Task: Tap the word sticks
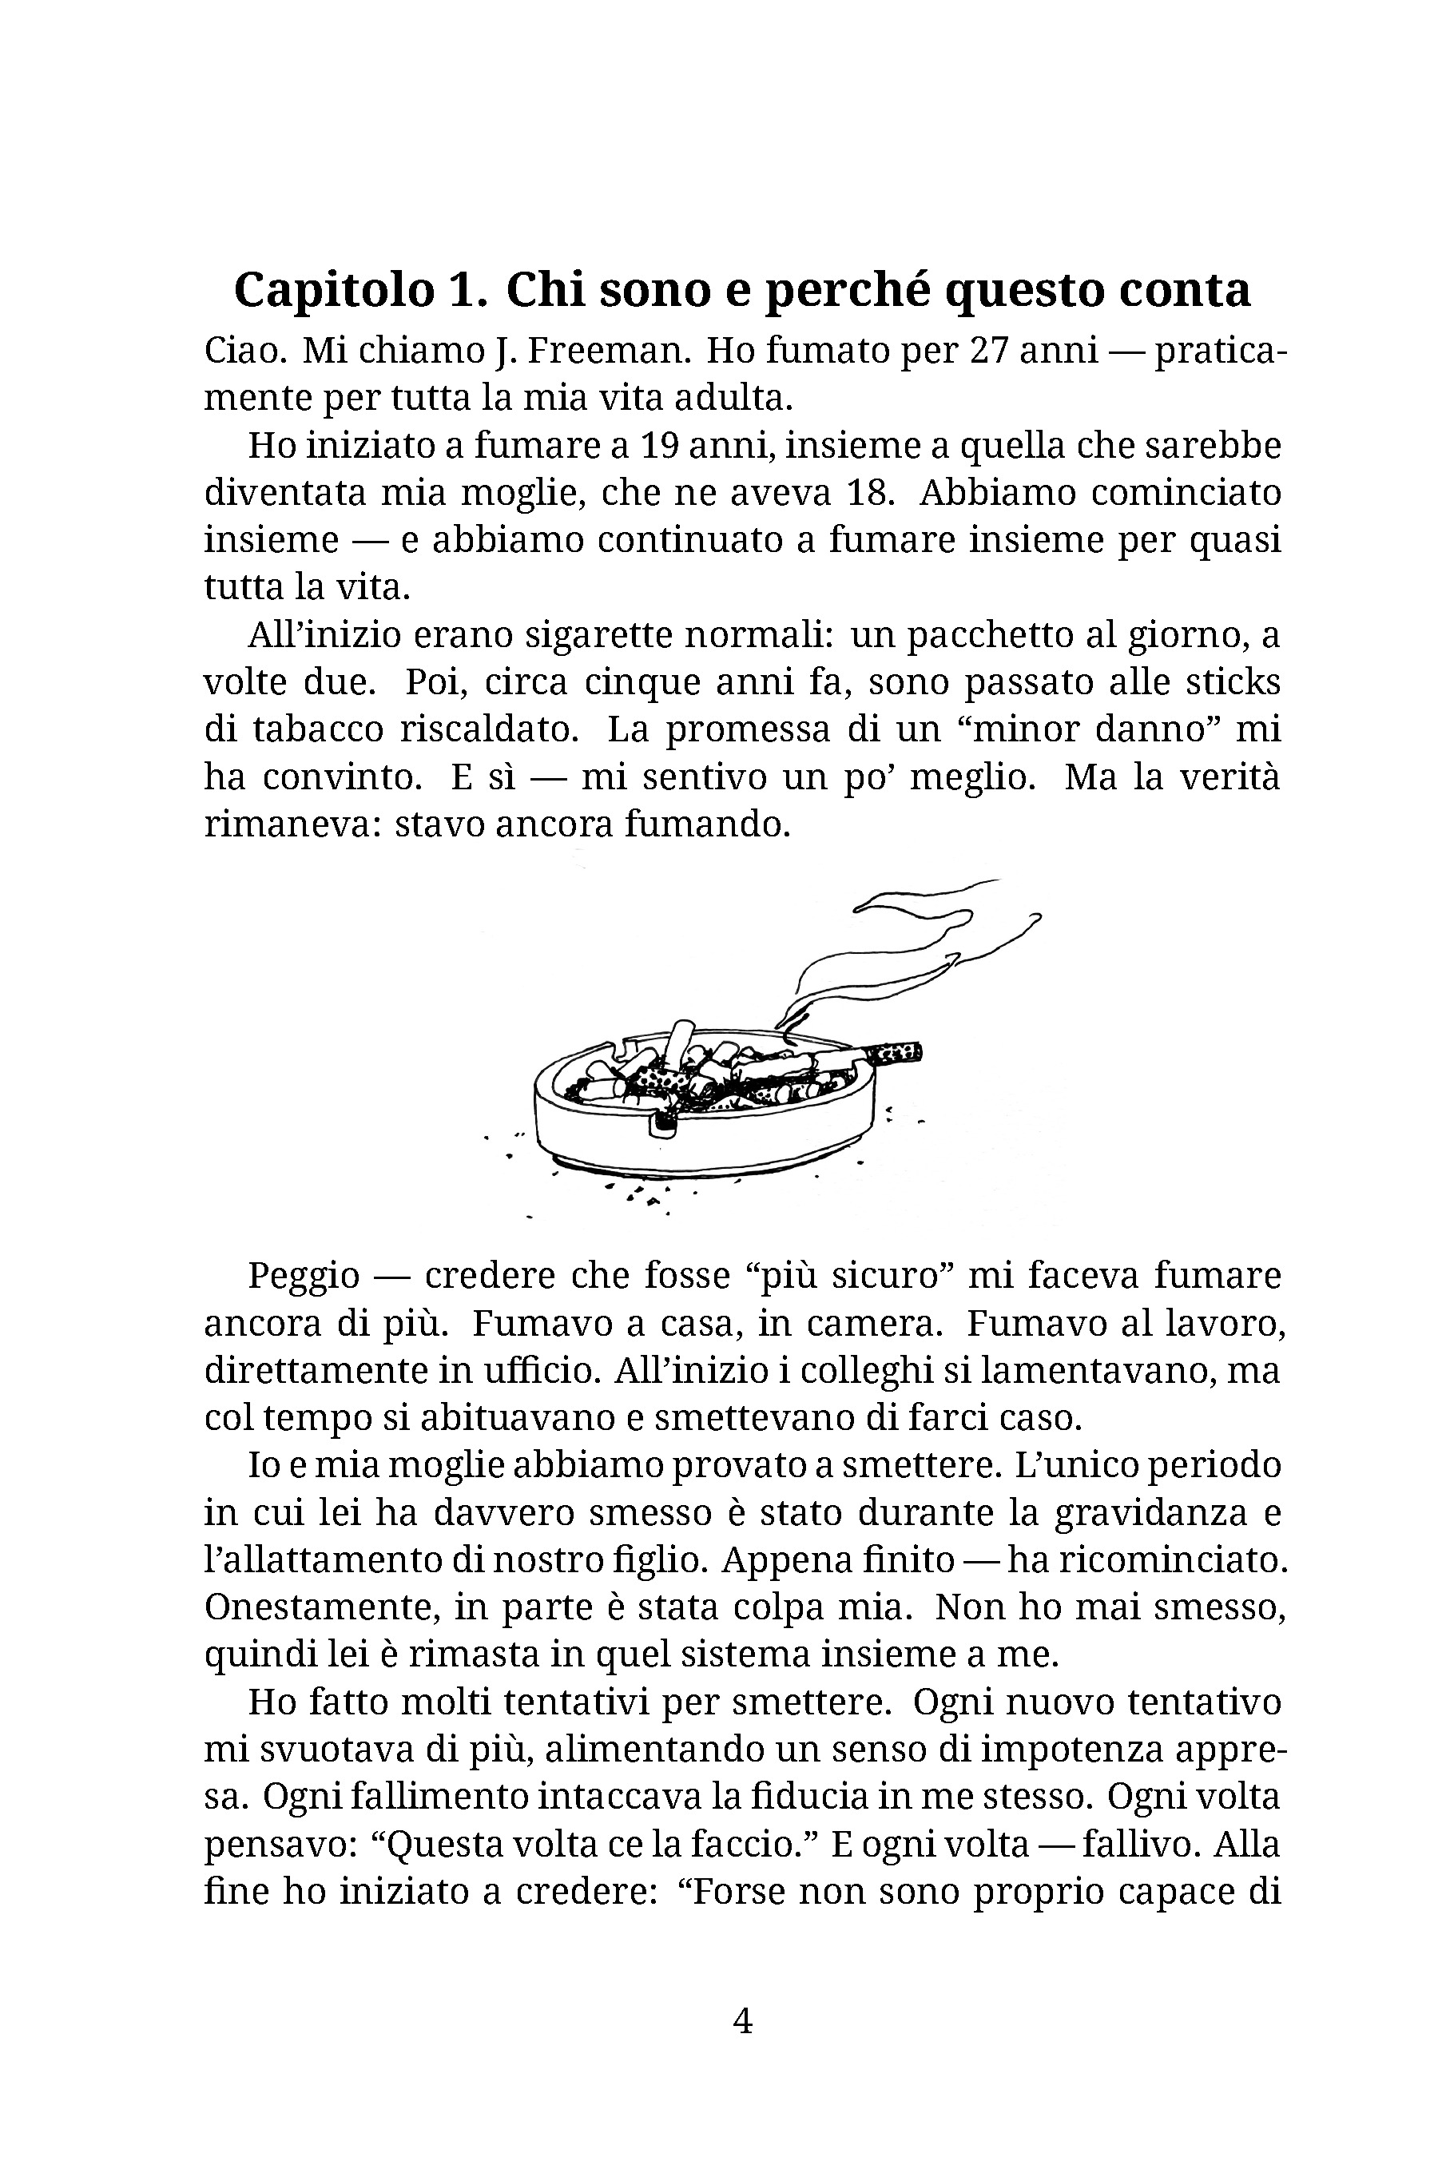tap(1234, 682)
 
